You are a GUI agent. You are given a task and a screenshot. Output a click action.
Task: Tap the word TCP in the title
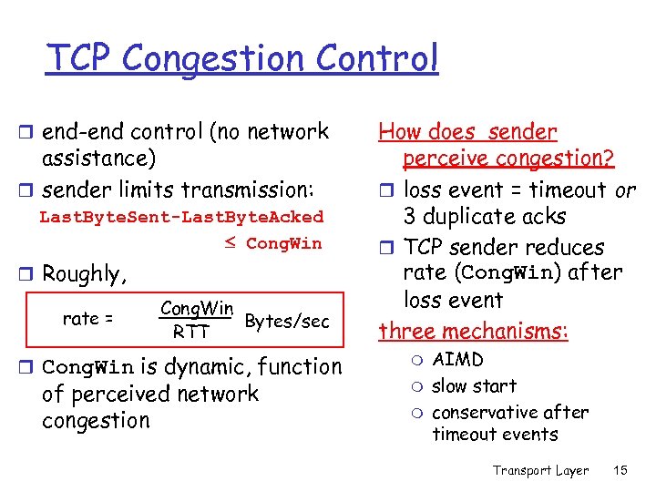[x=81, y=58]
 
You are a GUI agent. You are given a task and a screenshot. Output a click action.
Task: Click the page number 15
[x=621, y=470]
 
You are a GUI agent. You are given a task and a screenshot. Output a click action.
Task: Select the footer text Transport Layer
[x=540, y=470]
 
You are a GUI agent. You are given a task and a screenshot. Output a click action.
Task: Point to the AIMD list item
[x=457, y=360]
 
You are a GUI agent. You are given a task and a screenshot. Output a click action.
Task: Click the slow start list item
[x=474, y=386]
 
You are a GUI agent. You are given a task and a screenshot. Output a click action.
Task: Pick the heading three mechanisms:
[x=474, y=331]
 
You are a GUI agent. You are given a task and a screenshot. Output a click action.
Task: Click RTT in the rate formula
[x=191, y=333]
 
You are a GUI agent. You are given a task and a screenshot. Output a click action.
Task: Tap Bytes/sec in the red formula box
[x=287, y=321]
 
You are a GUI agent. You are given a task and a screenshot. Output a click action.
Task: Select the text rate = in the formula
[x=87, y=318]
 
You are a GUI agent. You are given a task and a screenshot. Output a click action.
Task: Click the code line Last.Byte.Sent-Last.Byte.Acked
[x=181, y=217]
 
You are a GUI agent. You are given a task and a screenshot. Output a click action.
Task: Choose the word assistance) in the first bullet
[x=99, y=159]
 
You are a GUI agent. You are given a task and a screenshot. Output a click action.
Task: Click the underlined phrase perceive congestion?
[x=508, y=159]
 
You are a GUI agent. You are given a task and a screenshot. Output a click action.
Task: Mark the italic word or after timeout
[x=625, y=190]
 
